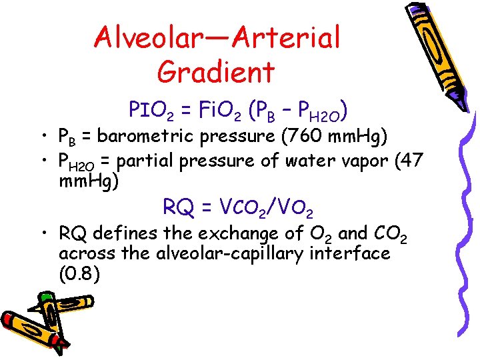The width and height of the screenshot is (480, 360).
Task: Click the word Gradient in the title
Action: point(217,71)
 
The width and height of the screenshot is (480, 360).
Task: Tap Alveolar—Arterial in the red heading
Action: point(217,37)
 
